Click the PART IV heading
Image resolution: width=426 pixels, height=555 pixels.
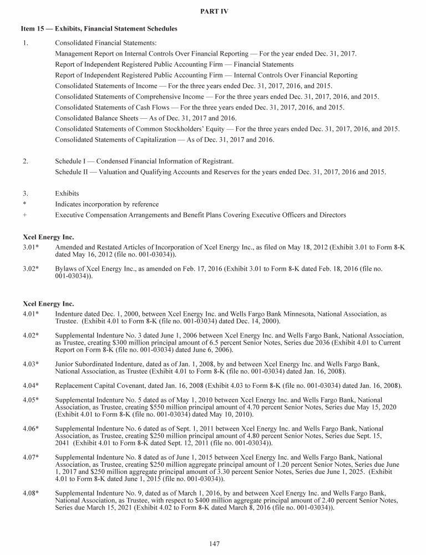212,11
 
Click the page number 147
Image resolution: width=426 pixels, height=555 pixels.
213,543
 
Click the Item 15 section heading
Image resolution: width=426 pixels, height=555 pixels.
100,28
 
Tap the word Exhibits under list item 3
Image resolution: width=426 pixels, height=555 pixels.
67,194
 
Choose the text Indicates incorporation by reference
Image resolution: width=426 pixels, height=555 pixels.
106,204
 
